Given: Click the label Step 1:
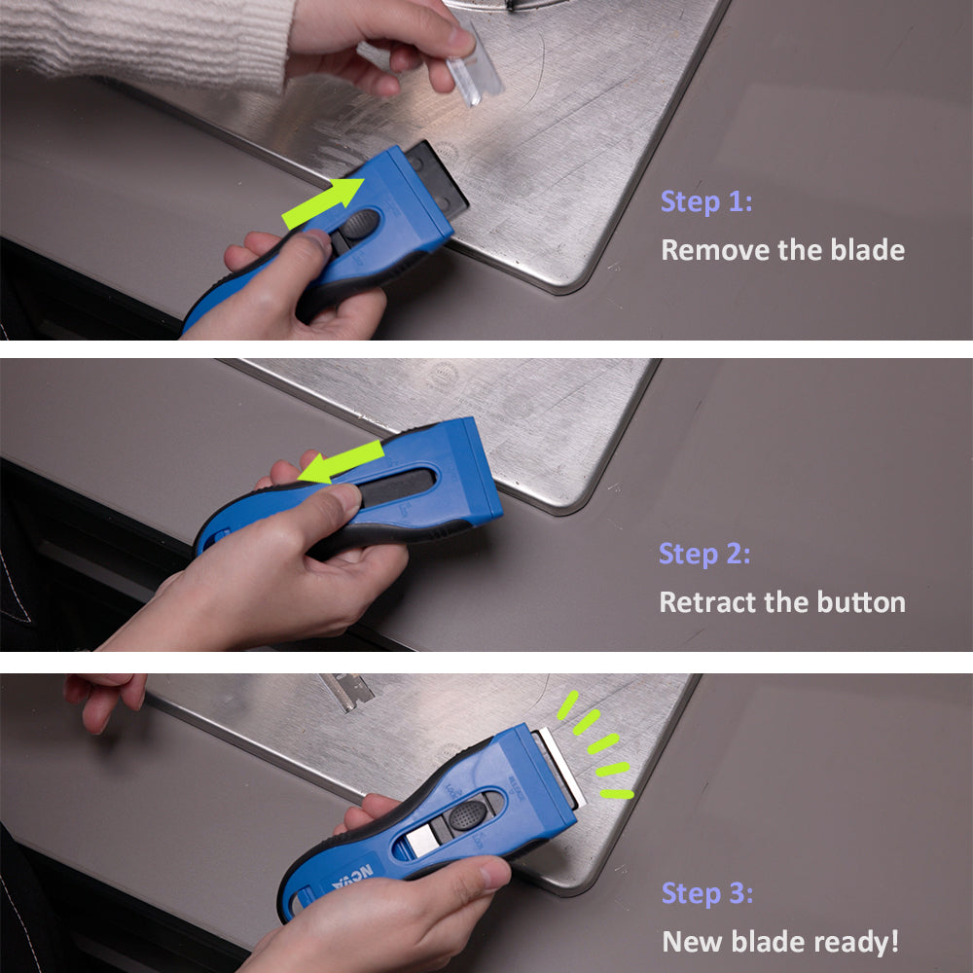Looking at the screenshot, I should click(706, 202).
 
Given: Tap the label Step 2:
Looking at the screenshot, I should click(704, 554).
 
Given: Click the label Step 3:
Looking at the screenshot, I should click(707, 893).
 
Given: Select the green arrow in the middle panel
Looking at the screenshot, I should click(341, 461).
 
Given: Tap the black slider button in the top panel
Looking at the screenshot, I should click(360, 225).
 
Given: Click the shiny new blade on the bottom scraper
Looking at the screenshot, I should click(560, 769).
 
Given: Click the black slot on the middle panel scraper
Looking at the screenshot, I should click(399, 486).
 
